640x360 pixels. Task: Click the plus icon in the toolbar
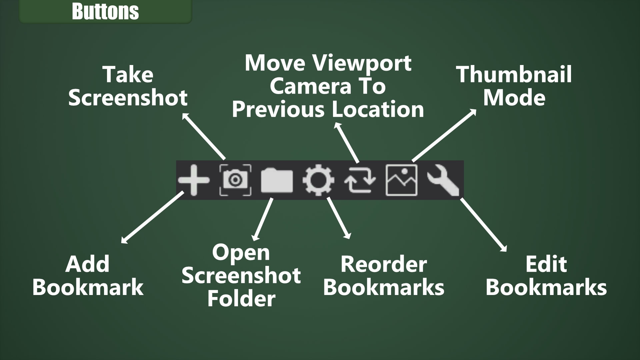[194, 180]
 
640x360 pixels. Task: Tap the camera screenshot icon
[235, 180]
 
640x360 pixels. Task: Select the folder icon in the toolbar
[277, 180]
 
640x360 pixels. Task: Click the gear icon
[318, 180]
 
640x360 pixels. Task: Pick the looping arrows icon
[360, 180]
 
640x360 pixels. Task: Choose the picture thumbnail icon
[401, 180]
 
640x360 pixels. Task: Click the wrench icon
[443, 180]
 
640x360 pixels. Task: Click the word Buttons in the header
[105, 11]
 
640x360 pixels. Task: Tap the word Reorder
[383, 264]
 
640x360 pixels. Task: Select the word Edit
[546, 264]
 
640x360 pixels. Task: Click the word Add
[87, 264]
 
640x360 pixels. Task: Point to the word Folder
[241, 298]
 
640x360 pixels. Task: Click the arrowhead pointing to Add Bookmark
[124, 241]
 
